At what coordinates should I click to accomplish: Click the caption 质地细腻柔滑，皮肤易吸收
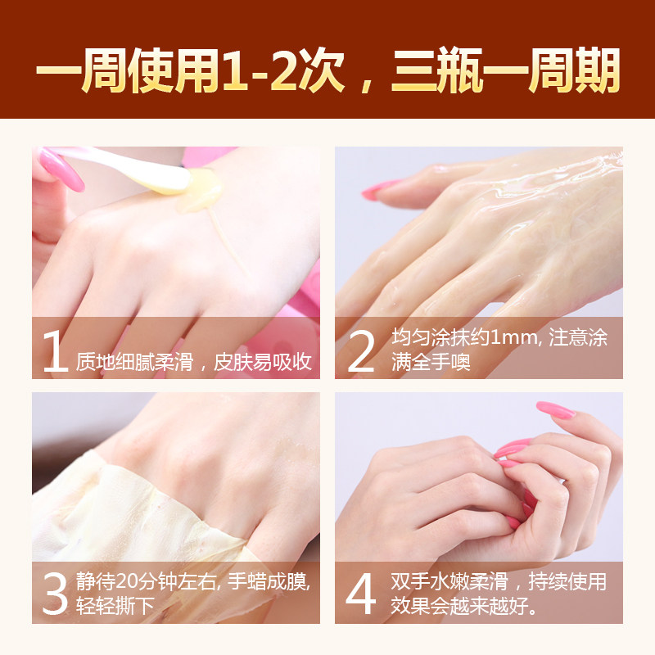tap(194, 362)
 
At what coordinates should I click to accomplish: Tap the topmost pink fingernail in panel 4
tap(554, 409)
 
